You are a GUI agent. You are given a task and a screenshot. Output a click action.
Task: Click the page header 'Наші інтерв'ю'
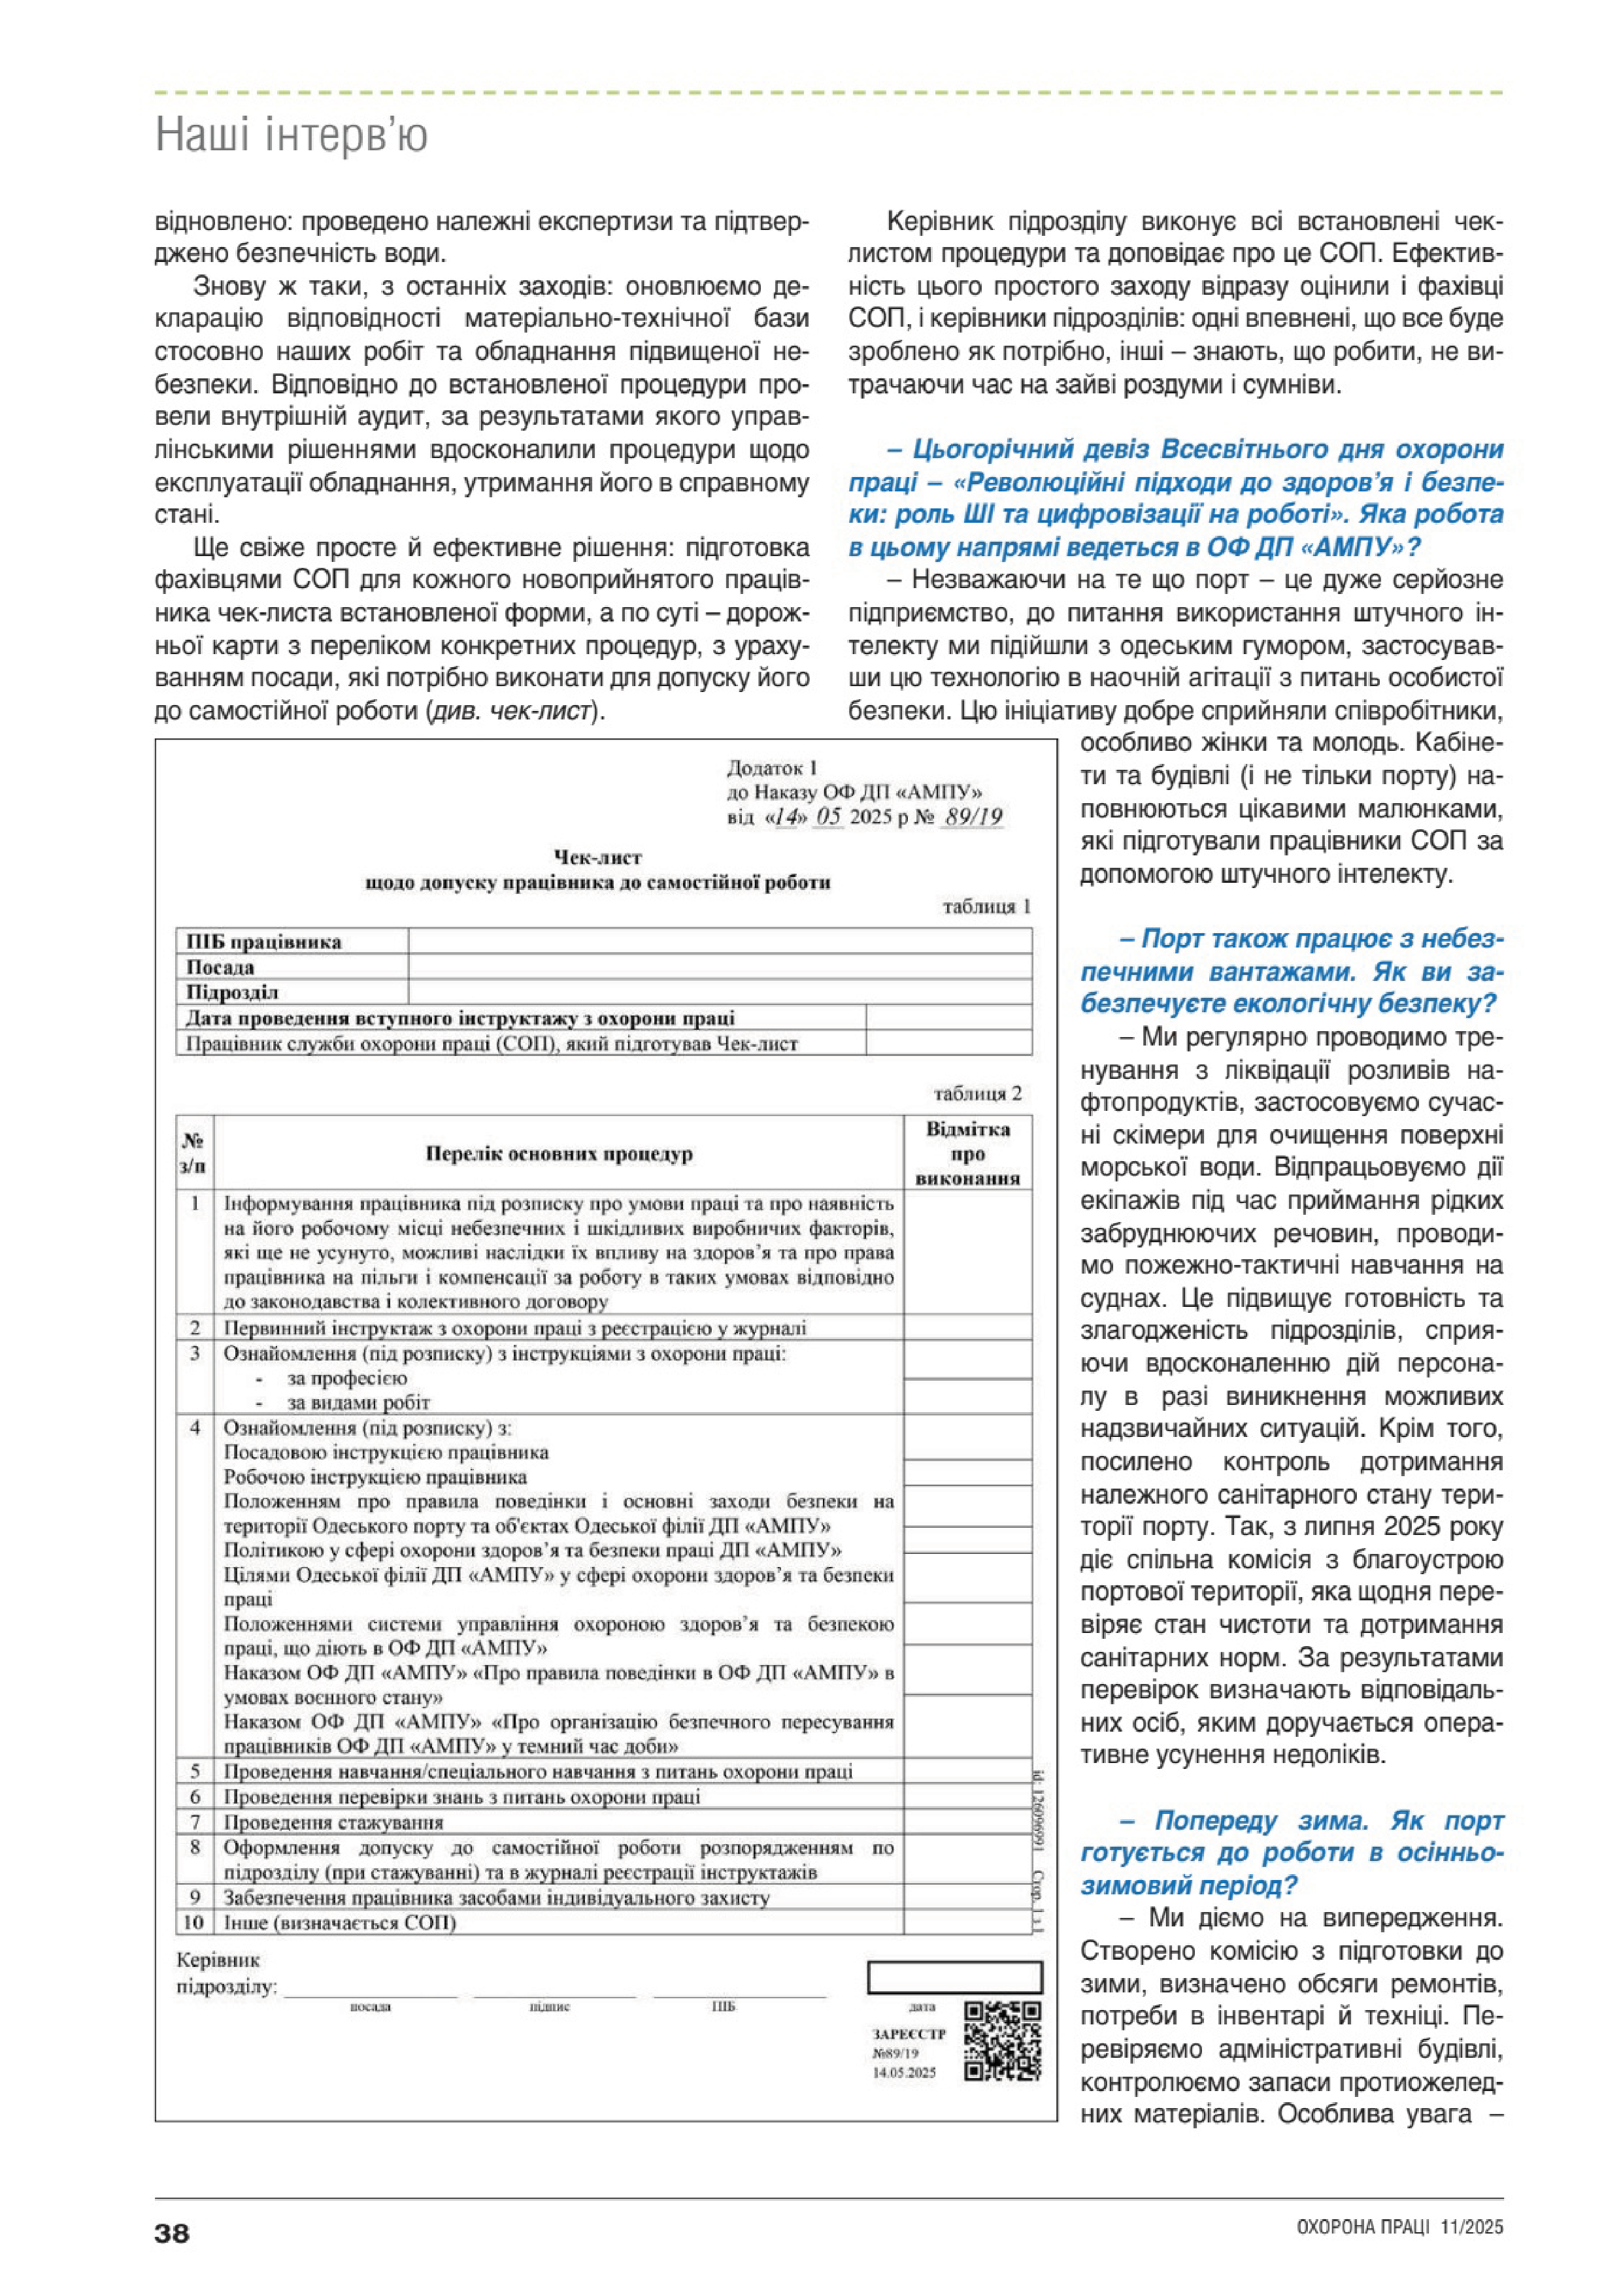coord(292,135)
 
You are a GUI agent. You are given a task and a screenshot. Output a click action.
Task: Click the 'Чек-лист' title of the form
coord(597,857)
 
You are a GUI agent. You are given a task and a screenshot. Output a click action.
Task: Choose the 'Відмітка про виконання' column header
coord(967,1153)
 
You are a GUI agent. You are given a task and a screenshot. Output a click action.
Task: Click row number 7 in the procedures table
coord(195,1822)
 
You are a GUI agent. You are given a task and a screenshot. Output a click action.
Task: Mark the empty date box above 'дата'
coord(954,1977)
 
